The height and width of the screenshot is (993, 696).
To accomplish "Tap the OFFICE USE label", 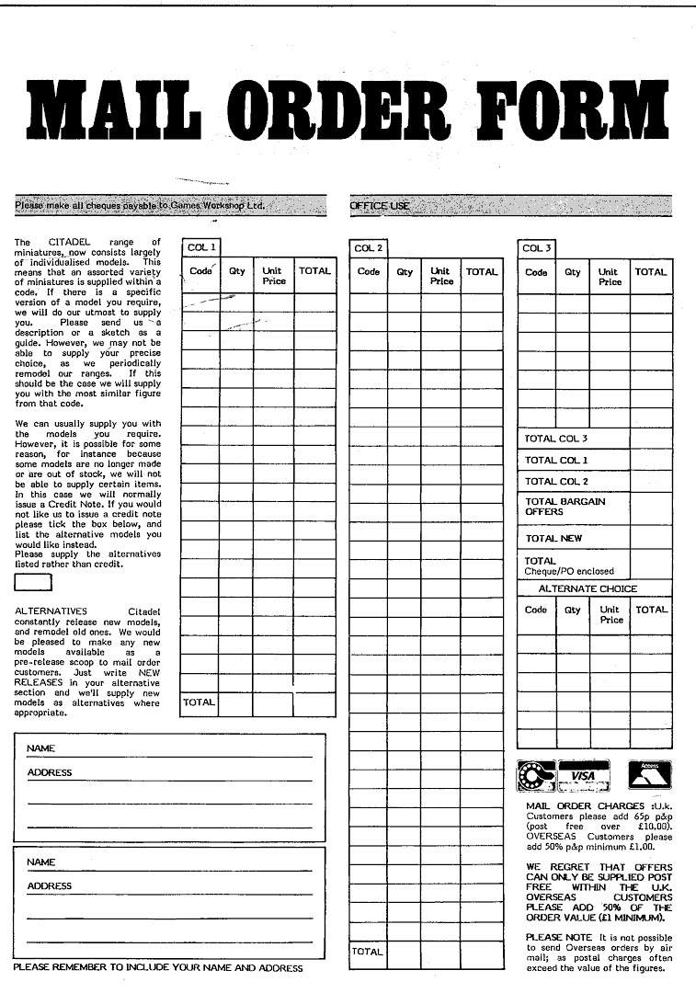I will tap(379, 206).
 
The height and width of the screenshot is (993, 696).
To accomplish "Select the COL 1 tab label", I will tap(201, 247).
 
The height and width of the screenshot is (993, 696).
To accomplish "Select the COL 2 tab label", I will tap(368, 248).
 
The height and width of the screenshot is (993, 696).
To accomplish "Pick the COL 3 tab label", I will tap(536, 248).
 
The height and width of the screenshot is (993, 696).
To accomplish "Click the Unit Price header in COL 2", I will tap(440, 277).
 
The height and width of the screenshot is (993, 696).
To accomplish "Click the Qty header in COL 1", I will tap(237, 272).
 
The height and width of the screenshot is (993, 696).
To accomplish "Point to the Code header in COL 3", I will tap(536, 272).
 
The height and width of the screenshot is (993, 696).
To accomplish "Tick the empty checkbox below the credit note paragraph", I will tap(33, 582).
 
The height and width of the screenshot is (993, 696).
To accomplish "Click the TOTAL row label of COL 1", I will tap(199, 702).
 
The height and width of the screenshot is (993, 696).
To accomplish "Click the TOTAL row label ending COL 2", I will tap(367, 952).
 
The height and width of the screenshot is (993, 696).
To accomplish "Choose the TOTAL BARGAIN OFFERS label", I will tap(565, 507).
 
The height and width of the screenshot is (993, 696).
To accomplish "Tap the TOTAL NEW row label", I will tap(553, 539).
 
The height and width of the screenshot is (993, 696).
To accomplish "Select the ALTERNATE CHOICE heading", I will tap(588, 588).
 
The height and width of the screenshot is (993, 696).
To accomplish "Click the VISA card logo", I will tap(584, 776).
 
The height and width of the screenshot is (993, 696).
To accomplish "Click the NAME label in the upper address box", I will tap(41, 748).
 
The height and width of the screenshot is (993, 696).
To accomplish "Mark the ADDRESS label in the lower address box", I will tap(50, 886).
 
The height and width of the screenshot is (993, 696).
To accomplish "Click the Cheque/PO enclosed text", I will tap(568, 572).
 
